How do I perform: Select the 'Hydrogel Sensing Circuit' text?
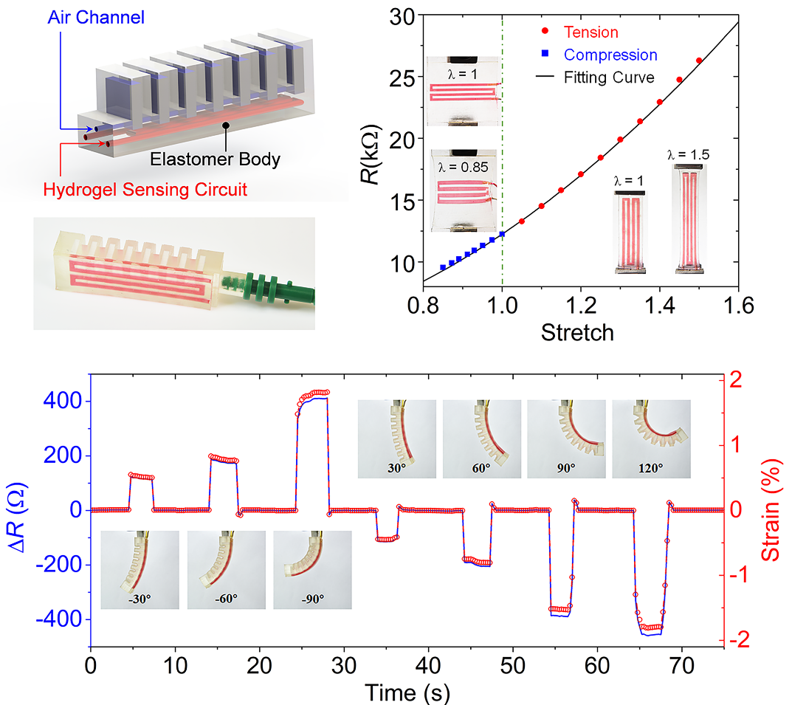click(x=145, y=190)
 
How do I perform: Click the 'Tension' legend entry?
click(x=590, y=32)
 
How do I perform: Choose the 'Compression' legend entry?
click(x=610, y=55)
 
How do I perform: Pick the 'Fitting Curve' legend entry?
click(x=609, y=77)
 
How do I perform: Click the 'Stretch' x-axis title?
click(x=577, y=332)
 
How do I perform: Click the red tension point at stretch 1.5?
click(x=699, y=61)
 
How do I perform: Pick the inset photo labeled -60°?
click(x=226, y=568)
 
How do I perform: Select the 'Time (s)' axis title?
click(x=407, y=692)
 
